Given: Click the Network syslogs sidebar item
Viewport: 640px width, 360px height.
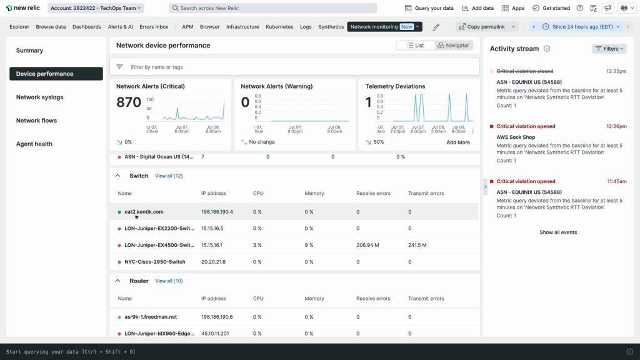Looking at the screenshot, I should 39,97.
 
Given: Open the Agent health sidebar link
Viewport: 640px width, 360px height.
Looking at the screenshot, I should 34,144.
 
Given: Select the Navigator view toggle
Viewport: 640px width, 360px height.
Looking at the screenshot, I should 453,46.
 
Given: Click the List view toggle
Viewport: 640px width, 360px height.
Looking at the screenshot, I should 415,46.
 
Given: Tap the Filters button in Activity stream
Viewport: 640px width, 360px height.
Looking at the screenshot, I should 609,49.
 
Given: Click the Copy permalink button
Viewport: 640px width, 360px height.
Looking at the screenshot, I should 487,27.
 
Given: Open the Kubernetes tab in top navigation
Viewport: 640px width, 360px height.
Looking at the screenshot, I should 279,27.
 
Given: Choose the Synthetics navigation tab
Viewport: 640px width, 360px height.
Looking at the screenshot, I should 331,27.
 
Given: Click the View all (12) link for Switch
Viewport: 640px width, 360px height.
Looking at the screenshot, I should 169,176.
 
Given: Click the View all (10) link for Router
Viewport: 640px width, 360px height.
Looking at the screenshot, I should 169,281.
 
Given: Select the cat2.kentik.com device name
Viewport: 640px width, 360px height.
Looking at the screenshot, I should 144,212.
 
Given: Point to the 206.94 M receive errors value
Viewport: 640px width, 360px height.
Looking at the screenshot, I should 368,245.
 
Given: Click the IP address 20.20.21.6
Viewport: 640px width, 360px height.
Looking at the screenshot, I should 213,262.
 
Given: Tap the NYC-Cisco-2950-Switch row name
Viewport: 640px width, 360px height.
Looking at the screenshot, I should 155,262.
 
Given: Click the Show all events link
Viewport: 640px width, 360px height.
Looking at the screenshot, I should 558,232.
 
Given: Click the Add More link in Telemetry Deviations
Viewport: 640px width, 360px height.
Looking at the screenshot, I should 458,142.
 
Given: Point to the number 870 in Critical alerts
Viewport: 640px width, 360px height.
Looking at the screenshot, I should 129,102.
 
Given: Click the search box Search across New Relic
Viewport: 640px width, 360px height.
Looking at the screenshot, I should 272,8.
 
